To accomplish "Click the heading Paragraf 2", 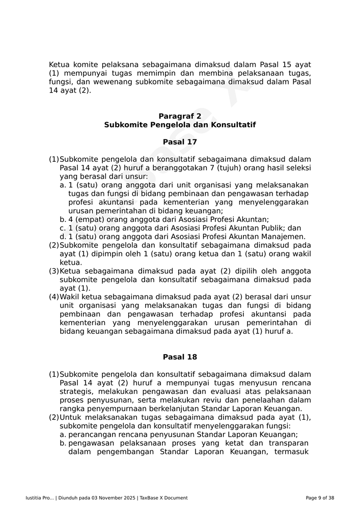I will pyautogui.click(x=180, y=116).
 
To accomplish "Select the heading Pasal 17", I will pyautogui.click(x=180, y=142).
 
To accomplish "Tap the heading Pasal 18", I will pyautogui.click(x=180, y=357).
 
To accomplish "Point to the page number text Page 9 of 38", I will pyautogui.click(x=320, y=498).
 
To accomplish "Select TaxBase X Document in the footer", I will pyautogui.click(x=163, y=498).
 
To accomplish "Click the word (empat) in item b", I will pyautogui.click(x=90, y=219).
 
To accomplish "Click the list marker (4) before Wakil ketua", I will pyautogui.click(x=53, y=297).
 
